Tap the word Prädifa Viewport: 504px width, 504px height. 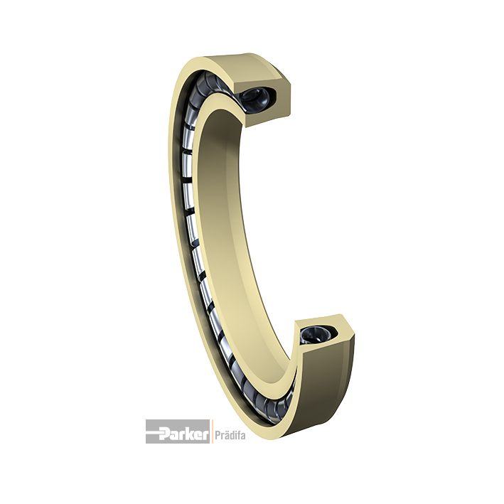[x=230, y=435]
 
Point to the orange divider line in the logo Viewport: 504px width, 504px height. [x=211, y=431]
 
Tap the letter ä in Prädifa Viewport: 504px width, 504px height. [x=225, y=435]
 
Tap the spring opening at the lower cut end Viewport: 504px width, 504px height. [x=316, y=336]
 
